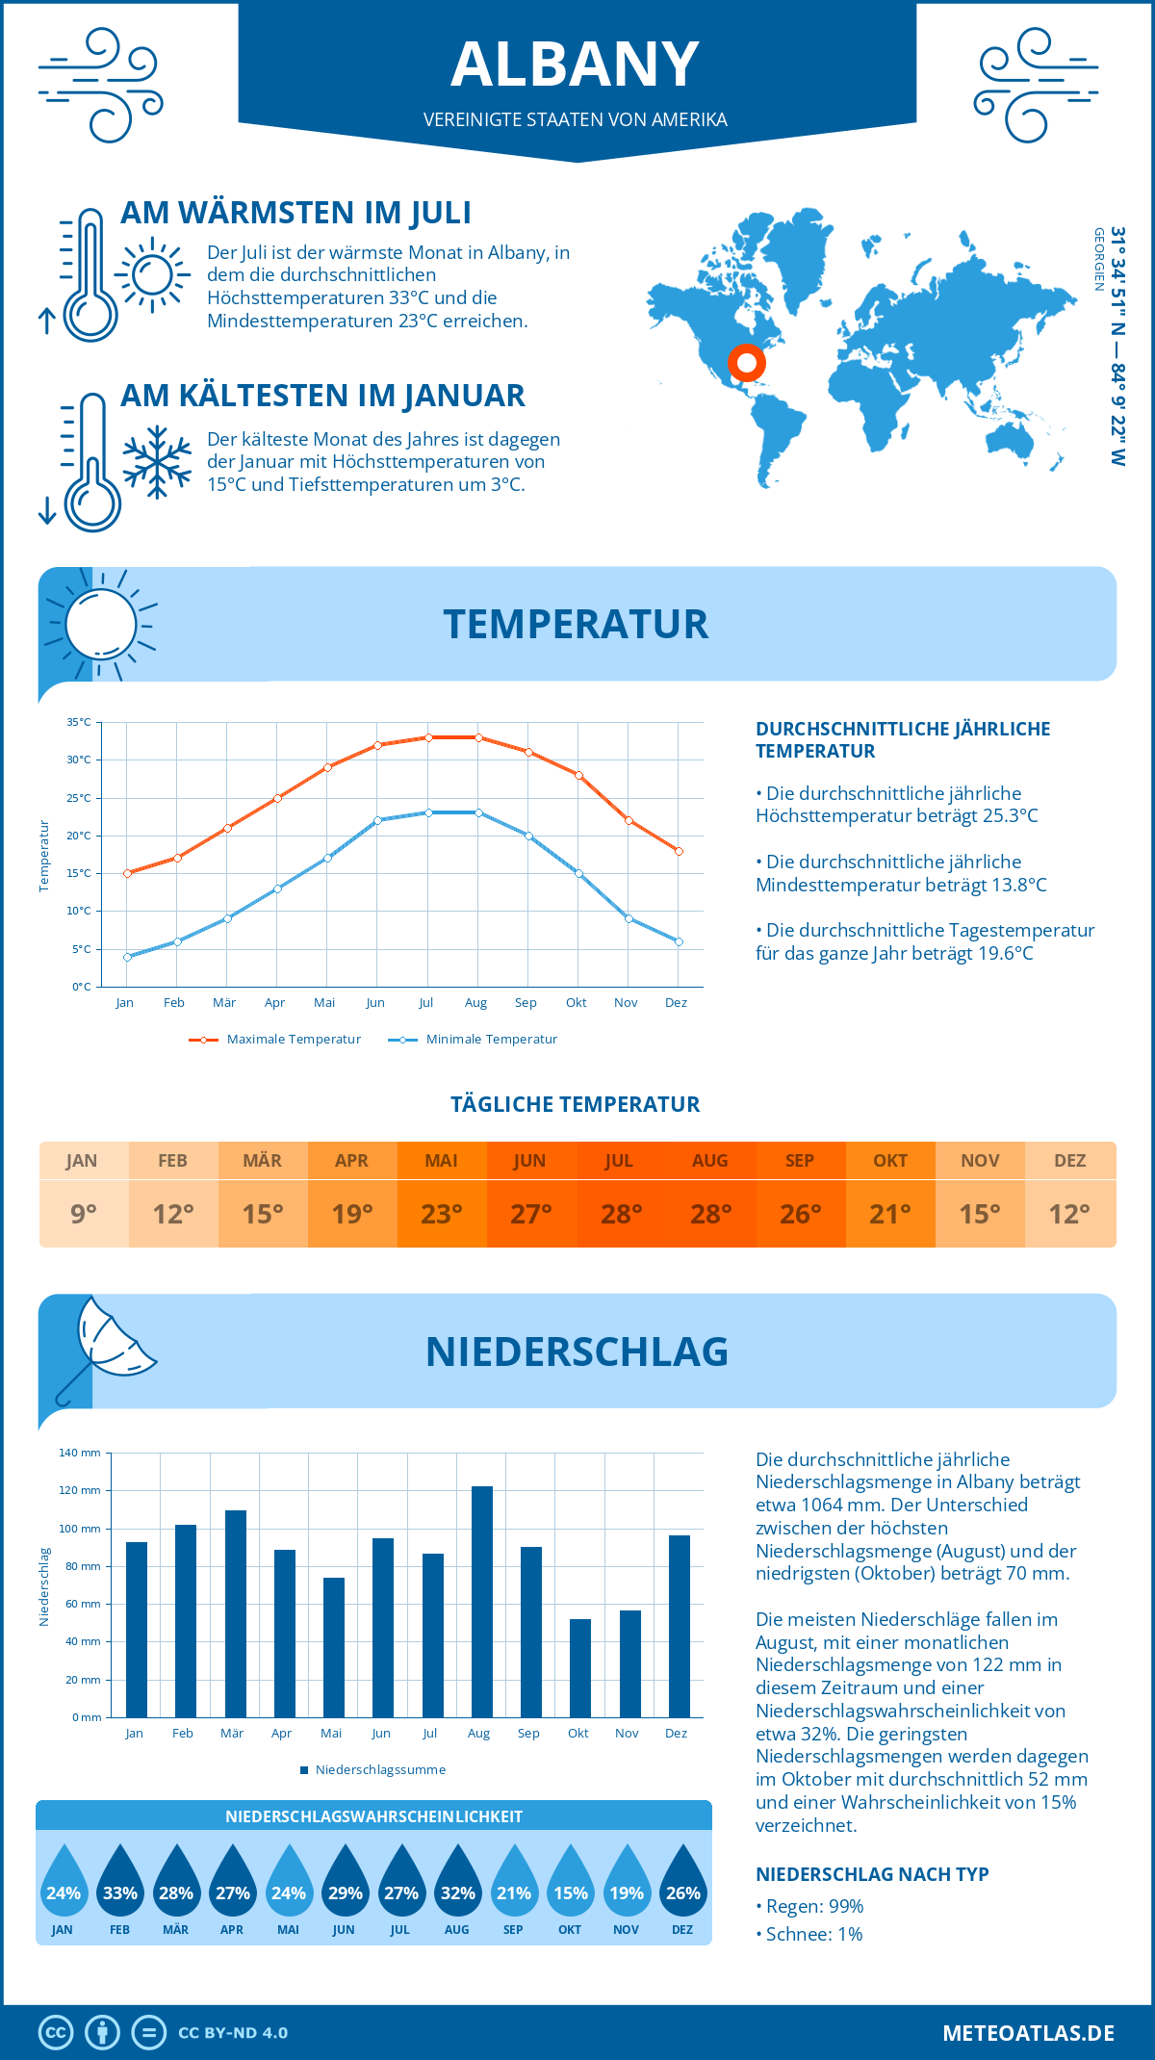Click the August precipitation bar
481,1602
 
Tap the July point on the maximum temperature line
428,737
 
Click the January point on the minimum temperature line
127,957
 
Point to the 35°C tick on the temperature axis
79,722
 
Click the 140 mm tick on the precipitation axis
80,1453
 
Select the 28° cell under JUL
621,1214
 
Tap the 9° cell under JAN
84,1214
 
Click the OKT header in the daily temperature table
890,1161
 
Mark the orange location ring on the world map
747,363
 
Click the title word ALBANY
576,64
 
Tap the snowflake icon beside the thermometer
157,462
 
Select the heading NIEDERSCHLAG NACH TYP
872,1874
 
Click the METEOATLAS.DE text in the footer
1028,2033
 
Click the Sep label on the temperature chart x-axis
526,1003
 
